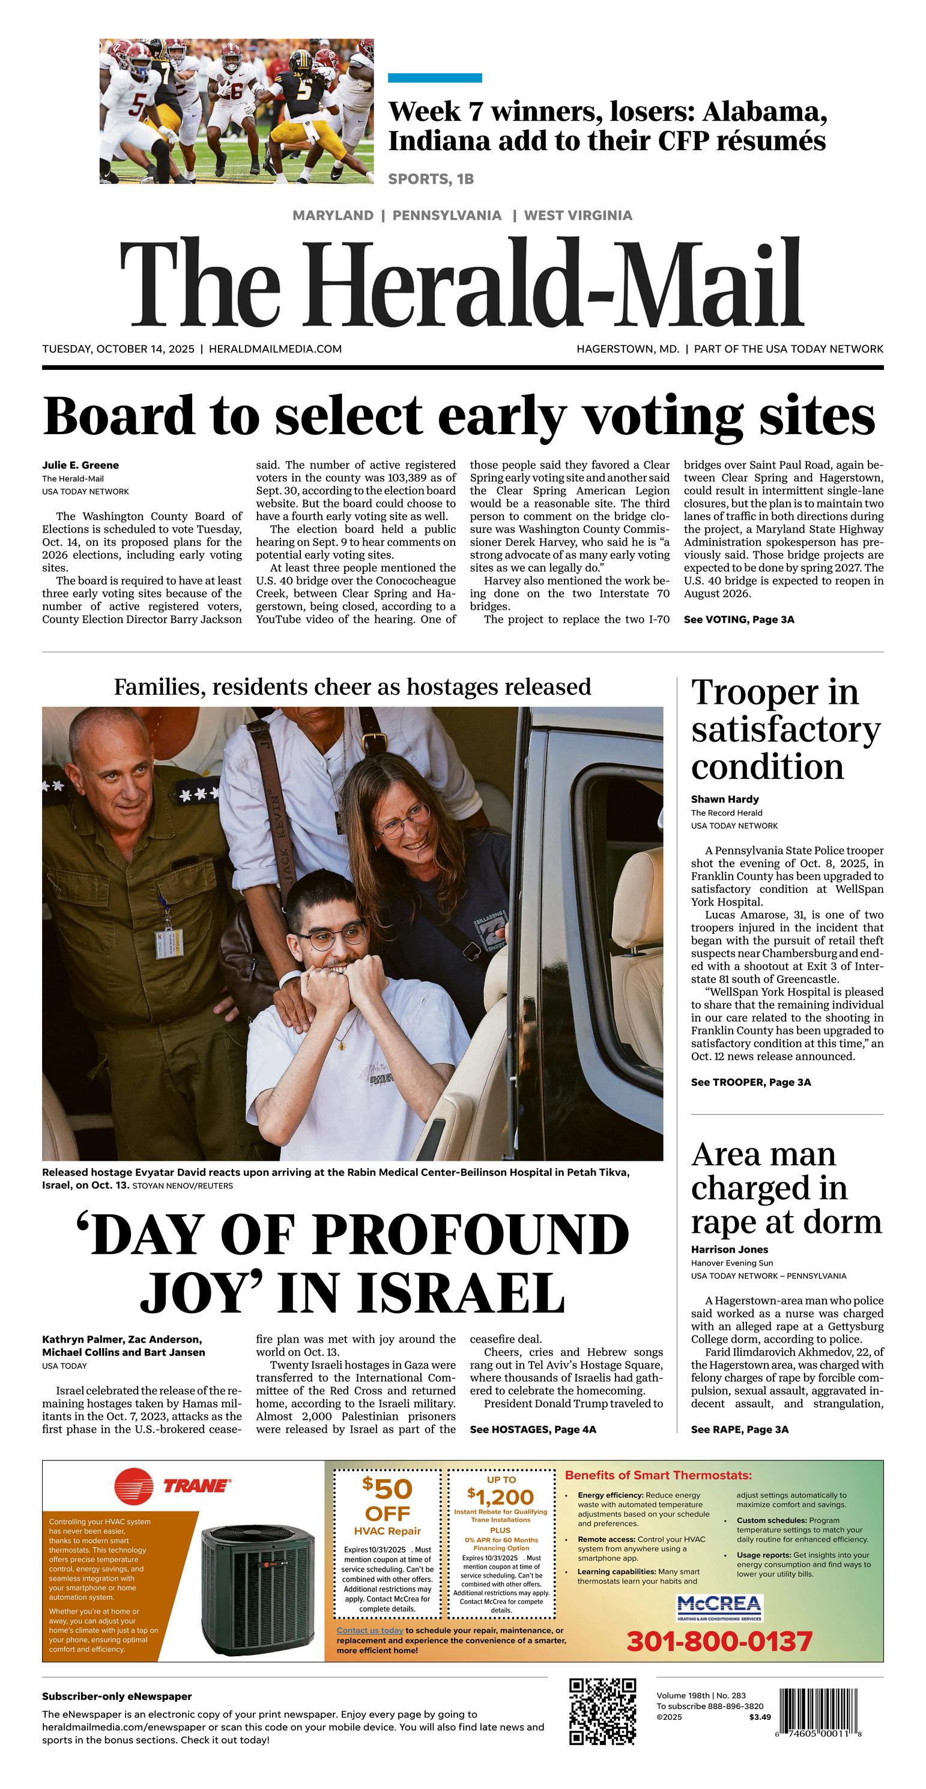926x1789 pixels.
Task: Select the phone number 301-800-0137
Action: (x=719, y=1642)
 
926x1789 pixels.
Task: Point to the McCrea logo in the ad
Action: (x=719, y=1606)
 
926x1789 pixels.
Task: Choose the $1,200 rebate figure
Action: (x=500, y=1497)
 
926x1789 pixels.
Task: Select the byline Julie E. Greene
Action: (x=80, y=465)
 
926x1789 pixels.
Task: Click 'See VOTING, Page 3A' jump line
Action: (x=739, y=620)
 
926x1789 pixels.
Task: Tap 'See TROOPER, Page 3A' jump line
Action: (x=750, y=1082)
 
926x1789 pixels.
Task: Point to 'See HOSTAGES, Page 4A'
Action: (x=533, y=1429)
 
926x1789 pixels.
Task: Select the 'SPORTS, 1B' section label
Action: (x=431, y=179)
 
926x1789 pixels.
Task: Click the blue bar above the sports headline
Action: (x=434, y=78)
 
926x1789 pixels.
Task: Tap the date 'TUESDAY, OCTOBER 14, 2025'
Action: (x=118, y=349)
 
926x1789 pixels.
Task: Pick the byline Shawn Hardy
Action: (x=725, y=799)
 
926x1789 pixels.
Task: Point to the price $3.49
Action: (x=760, y=1718)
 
